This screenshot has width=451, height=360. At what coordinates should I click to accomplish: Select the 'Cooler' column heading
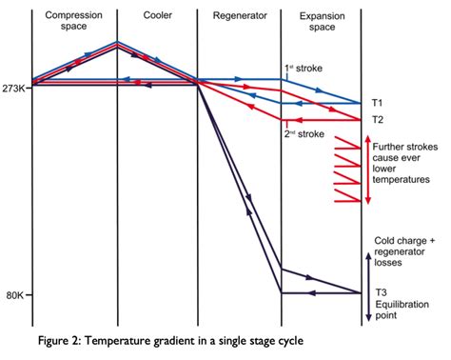pos(158,17)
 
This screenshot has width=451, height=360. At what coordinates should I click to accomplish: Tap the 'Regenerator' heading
pos(240,17)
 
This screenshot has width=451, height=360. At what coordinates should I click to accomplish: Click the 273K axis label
pos(15,86)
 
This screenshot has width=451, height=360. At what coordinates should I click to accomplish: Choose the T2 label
pos(378,120)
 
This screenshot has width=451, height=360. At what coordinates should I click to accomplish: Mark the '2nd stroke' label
pos(304,133)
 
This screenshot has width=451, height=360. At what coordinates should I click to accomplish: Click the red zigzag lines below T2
pos(344,170)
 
